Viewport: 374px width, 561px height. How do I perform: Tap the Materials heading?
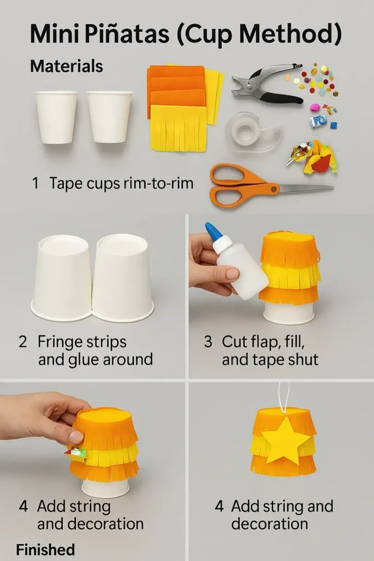pyautogui.click(x=66, y=66)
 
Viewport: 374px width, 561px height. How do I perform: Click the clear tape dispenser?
pyautogui.click(x=252, y=130)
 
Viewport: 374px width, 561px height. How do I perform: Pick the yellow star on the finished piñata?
pyautogui.click(x=285, y=440)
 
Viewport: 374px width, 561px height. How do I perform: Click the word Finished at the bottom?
pyautogui.click(x=45, y=549)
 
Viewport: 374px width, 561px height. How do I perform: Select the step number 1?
pyautogui.click(x=35, y=183)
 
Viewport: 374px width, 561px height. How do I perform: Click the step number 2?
pyautogui.click(x=22, y=342)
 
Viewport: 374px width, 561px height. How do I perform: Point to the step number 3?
pyautogui.click(x=208, y=342)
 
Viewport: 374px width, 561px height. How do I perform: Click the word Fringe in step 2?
pyautogui.click(x=59, y=342)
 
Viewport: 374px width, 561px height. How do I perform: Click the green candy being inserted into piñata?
pyautogui.click(x=78, y=453)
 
